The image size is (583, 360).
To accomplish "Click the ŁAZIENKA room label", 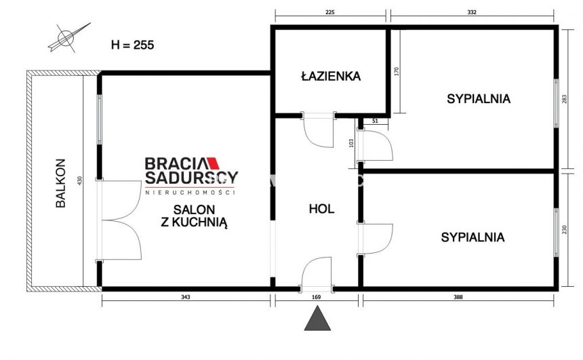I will [x=331, y=76].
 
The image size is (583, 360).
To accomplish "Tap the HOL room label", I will [x=321, y=209].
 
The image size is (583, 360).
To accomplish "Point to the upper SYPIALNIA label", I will [x=479, y=99].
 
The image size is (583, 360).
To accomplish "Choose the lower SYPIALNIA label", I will [x=473, y=237].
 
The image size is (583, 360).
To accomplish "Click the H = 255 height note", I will [x=132, y=45].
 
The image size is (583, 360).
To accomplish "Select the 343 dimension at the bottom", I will [x=185, y=296].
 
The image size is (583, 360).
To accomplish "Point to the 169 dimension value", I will [x=317, y=296].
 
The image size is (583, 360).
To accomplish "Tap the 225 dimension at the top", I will [x=330, y=12].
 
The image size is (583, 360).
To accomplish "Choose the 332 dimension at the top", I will [x=473, y=12].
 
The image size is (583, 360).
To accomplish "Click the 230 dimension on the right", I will [x=564, y=230].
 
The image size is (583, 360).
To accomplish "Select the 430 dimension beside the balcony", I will [x=79, y=182].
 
